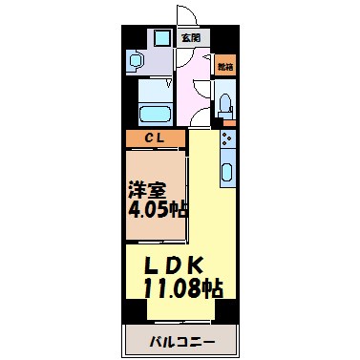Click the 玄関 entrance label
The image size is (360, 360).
point(190,38)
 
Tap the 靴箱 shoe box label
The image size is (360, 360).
point(224,67)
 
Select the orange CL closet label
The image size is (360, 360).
point(156,138)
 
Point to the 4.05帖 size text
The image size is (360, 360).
point(155,209)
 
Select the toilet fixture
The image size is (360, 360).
point(225,103)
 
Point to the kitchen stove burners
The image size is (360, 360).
point(227,142)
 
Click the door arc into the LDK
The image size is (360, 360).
point(200,119)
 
